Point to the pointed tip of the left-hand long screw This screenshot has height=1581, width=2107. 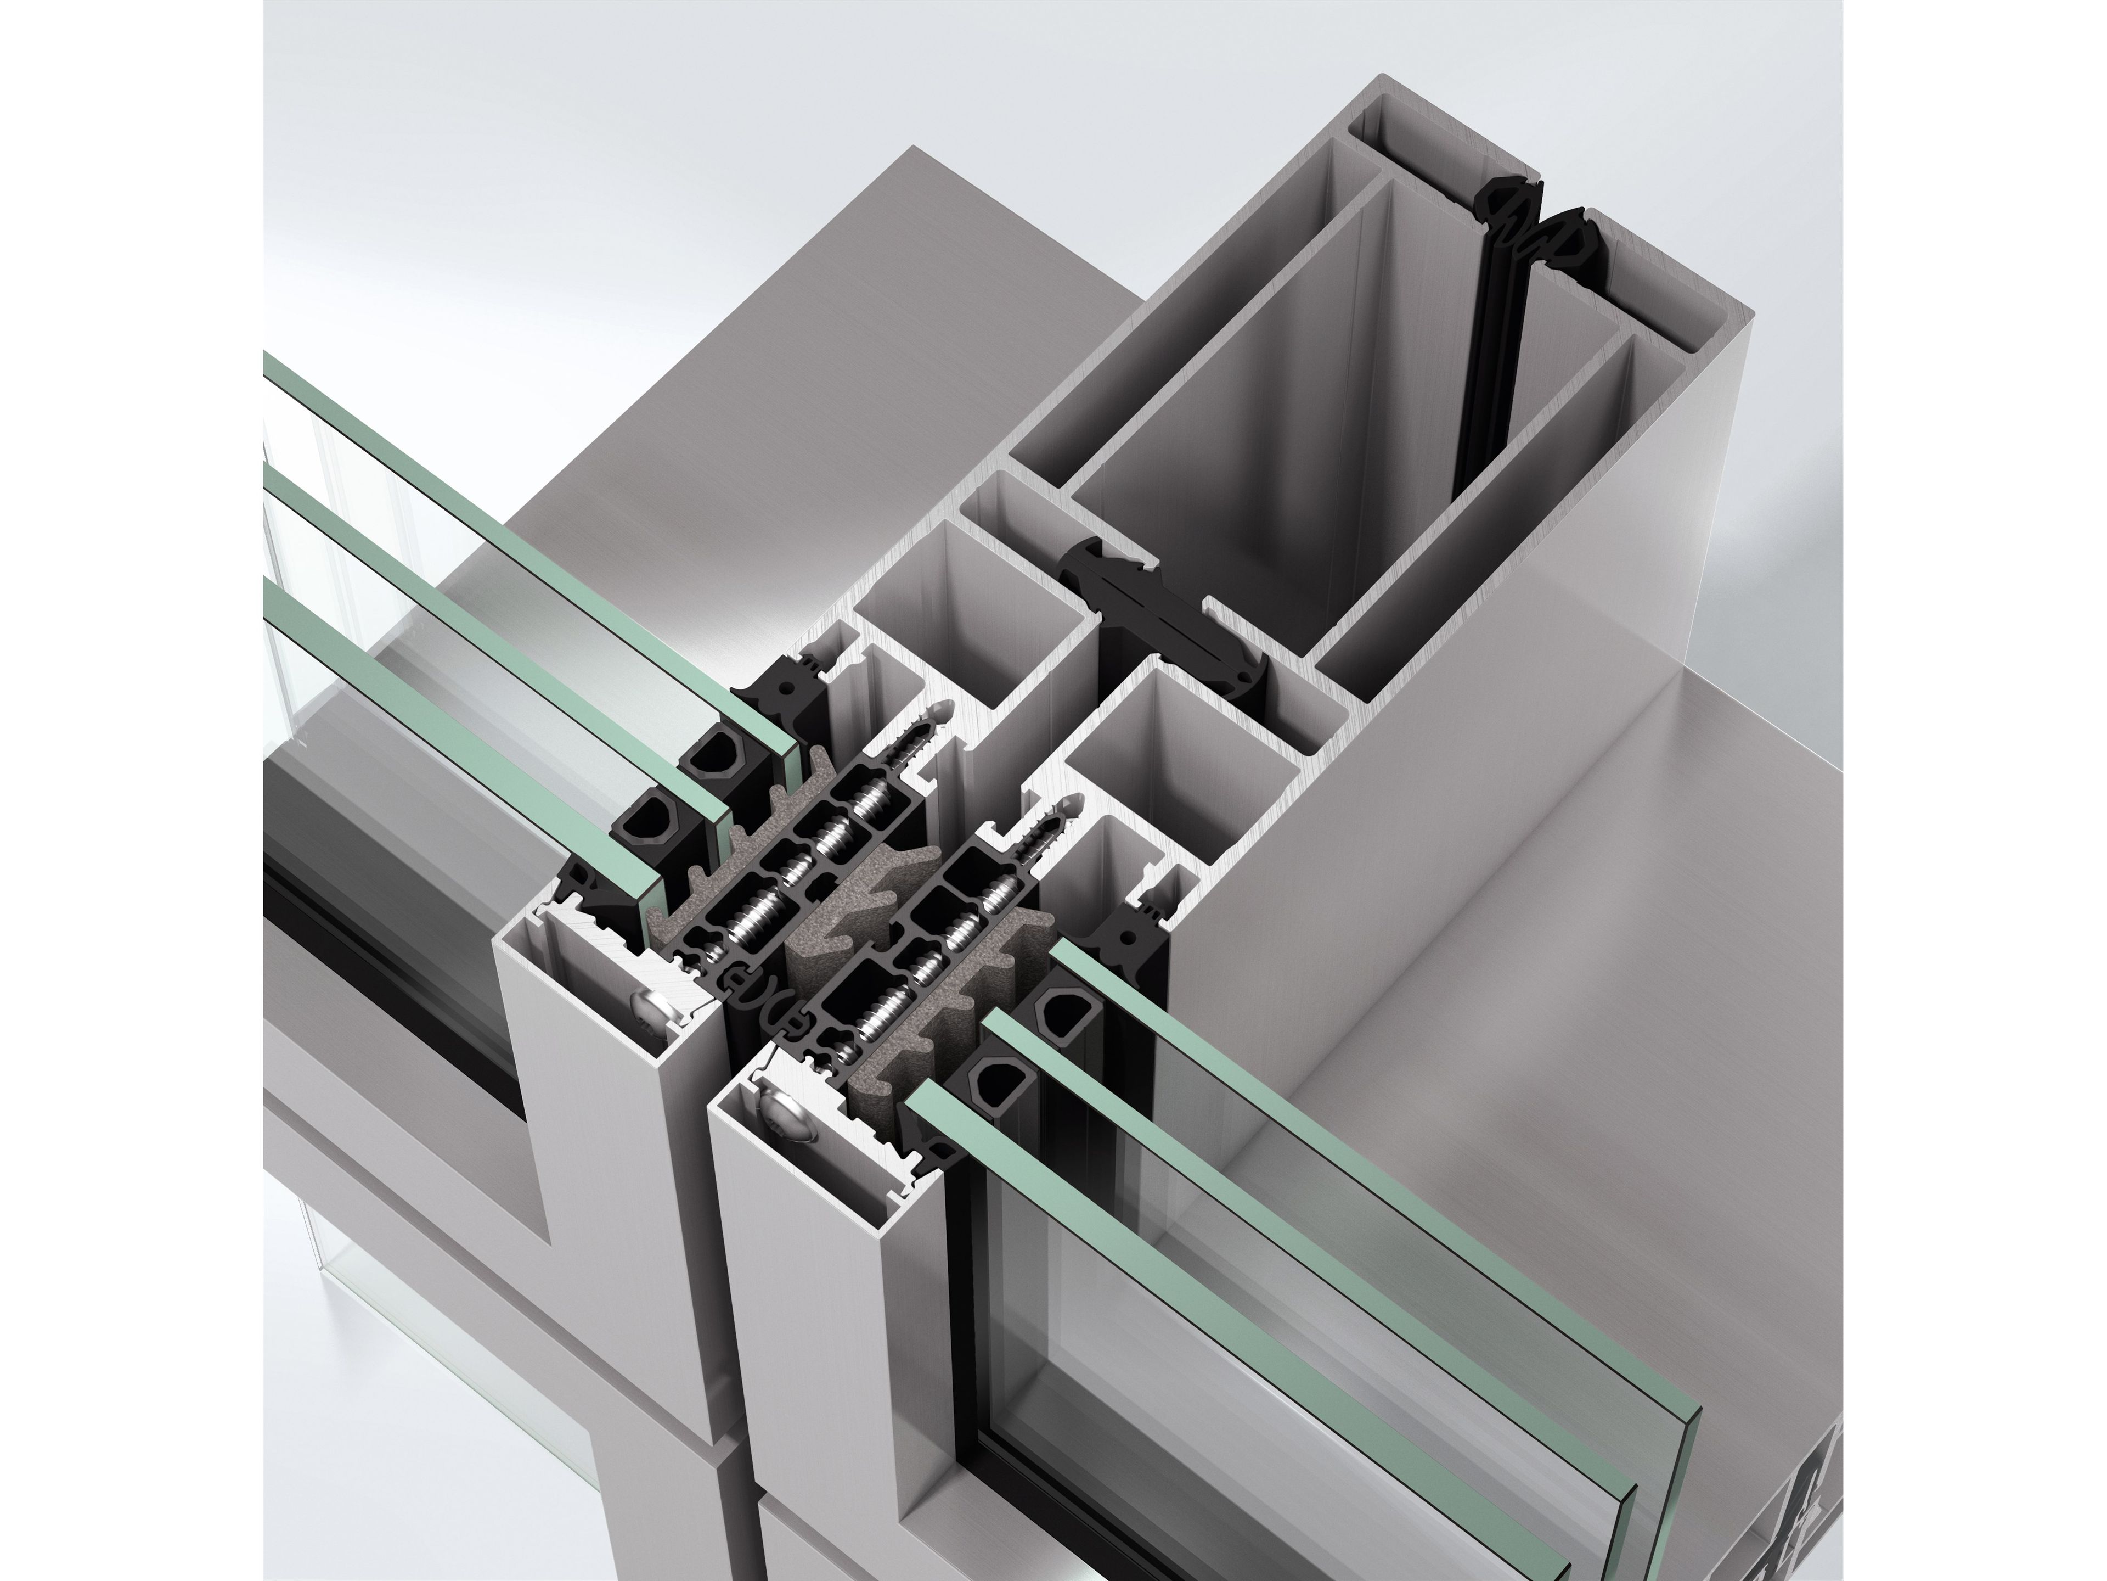(943, 710)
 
